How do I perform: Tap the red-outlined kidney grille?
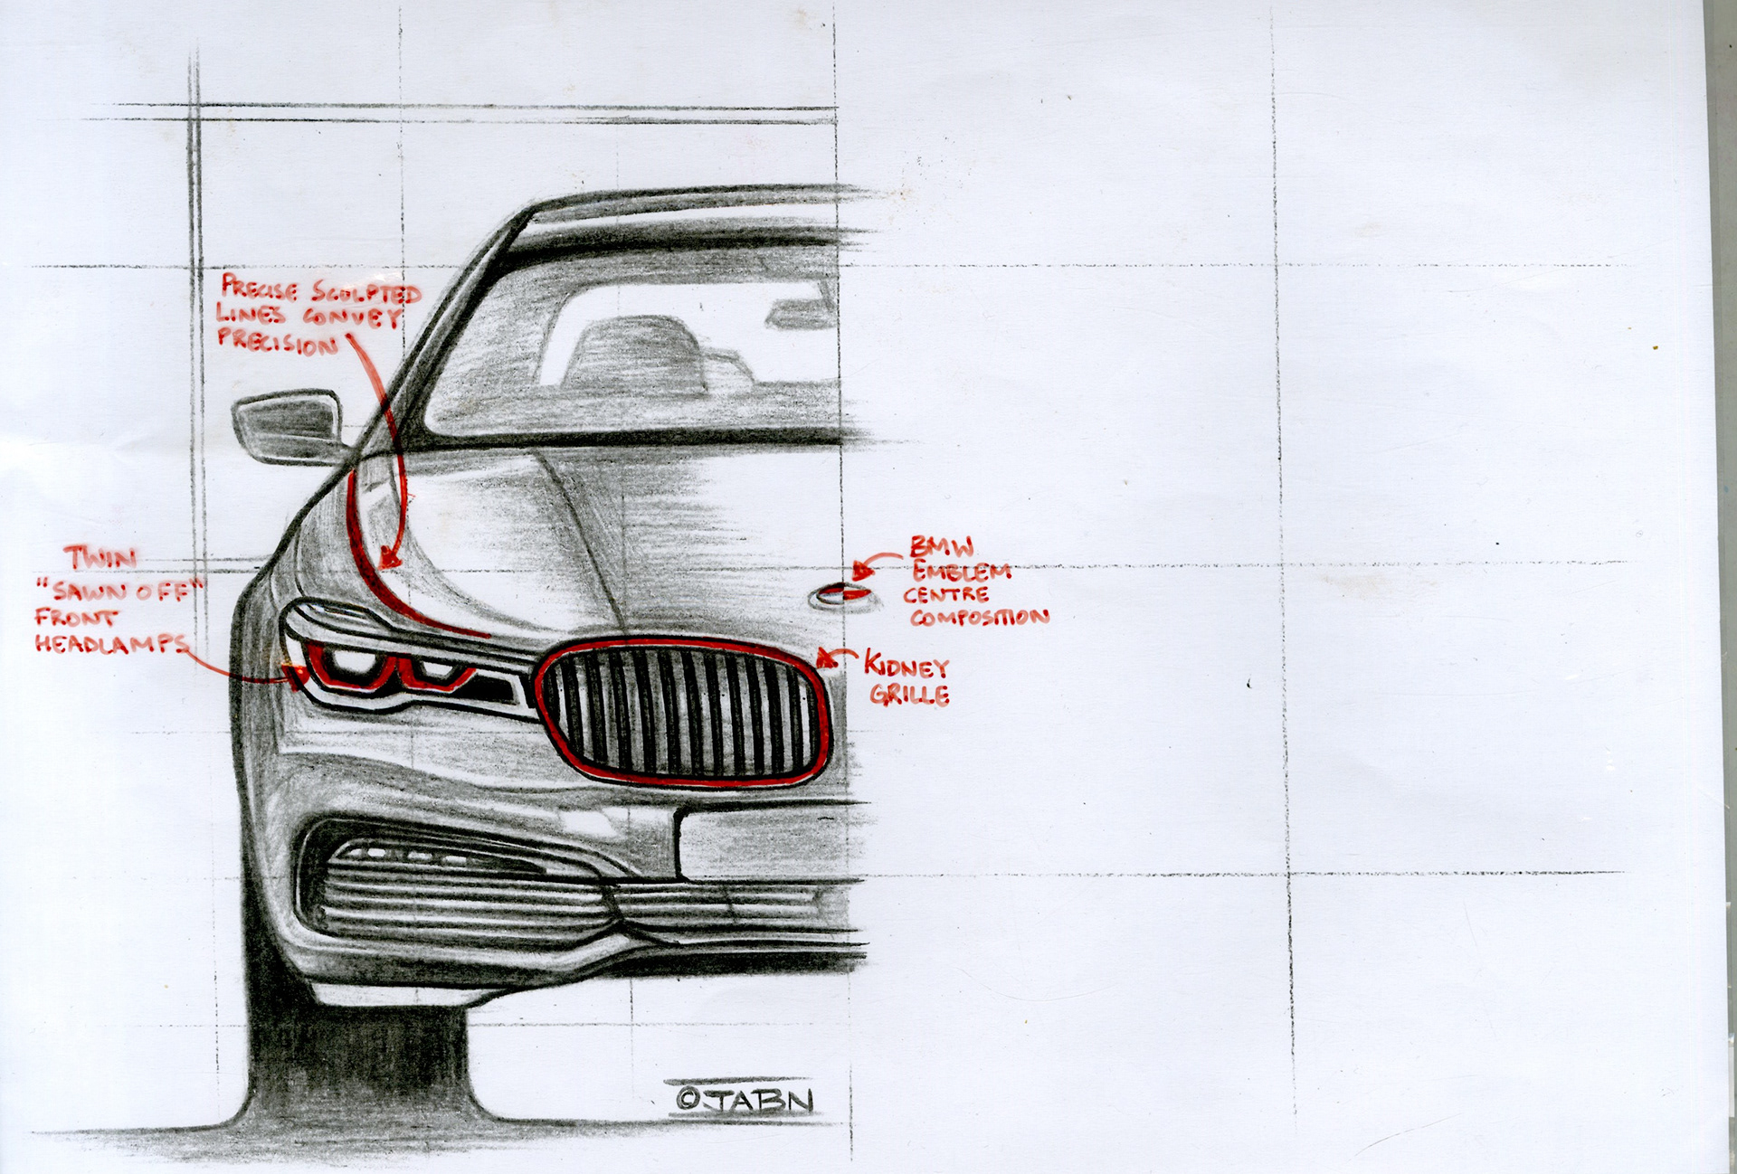(x=683, y=712)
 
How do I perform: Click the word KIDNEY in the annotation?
(x=906, y=666)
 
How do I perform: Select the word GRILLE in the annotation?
(x=910, y=695)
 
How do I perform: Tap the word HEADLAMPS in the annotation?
(x=111, y=644)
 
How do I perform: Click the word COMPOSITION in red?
(x=980, y=618)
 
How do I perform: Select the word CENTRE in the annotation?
(x=946, y=594)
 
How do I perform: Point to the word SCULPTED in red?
(x=366, y=292)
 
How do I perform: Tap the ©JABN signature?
(x=745, y=1099)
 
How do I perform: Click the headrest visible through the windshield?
(x=633, y=353)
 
